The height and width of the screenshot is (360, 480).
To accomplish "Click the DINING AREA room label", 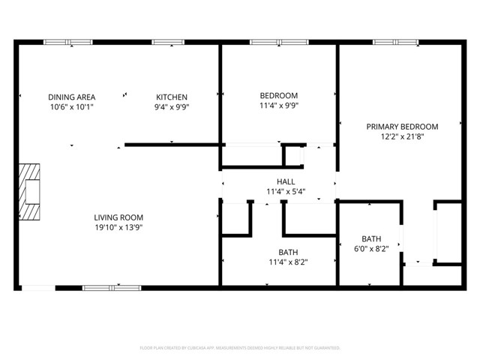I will point(70,97).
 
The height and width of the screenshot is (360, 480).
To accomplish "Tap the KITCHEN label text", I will point(172,97).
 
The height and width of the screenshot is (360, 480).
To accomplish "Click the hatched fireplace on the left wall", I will point(30,192).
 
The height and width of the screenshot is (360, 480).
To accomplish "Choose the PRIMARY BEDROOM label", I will point(402,127).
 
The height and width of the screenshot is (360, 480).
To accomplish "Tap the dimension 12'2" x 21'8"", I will point(402,136).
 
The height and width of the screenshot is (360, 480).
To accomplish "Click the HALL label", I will point(286,181).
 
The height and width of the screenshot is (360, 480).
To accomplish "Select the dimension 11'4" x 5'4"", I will point(286,191).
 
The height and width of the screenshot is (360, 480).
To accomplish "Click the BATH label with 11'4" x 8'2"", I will point(289,253).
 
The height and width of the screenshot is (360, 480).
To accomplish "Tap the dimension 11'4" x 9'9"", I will point(279,106).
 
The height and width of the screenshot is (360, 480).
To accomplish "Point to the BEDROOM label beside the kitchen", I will point(279,96).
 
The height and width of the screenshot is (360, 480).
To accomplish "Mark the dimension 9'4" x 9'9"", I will point(172,106).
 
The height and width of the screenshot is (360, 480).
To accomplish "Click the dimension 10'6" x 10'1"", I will point(70,106).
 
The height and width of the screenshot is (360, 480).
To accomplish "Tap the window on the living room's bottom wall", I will point(111,287).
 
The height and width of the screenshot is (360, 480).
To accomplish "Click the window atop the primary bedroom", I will point(395,43).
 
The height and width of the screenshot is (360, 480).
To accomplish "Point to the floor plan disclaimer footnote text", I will point(240,348).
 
